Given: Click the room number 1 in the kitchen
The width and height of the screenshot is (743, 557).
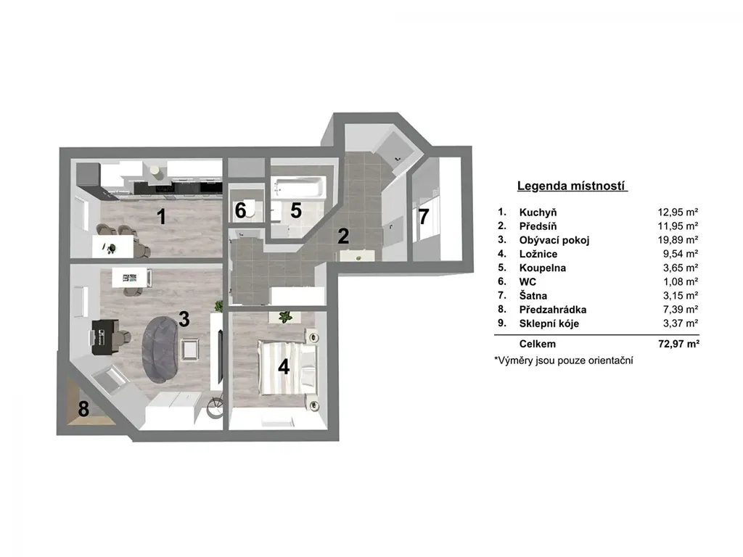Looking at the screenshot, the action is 162,217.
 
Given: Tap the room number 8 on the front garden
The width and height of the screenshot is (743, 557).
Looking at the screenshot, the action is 83,409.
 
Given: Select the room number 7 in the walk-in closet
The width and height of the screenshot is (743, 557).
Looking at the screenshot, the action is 424,216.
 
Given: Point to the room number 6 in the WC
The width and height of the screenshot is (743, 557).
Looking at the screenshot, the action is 241,211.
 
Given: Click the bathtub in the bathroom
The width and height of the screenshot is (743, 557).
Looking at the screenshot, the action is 299,188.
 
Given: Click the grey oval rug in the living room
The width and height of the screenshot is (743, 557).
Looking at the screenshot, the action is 161,349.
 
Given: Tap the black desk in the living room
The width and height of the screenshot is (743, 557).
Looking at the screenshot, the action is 104,337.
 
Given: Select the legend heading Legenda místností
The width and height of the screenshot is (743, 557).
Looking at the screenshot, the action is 572,186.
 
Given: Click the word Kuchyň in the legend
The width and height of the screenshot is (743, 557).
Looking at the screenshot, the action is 538,213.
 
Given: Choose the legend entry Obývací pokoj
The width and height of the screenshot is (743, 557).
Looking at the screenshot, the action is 554,240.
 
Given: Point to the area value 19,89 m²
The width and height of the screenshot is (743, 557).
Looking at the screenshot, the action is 678,240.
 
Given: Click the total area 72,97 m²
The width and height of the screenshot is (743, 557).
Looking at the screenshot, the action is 678,344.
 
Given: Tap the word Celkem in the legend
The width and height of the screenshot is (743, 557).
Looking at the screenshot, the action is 538,344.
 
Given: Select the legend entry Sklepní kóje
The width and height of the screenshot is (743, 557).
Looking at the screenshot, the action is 549,323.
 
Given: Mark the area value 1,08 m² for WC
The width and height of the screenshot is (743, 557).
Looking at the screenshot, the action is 681,282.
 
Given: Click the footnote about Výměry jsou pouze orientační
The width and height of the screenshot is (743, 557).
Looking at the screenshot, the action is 563,360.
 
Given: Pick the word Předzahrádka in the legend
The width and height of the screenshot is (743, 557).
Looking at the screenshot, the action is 553,310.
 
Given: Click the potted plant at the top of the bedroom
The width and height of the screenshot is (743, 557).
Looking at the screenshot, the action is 285,316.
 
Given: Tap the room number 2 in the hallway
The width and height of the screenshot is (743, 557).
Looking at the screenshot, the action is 343,236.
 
